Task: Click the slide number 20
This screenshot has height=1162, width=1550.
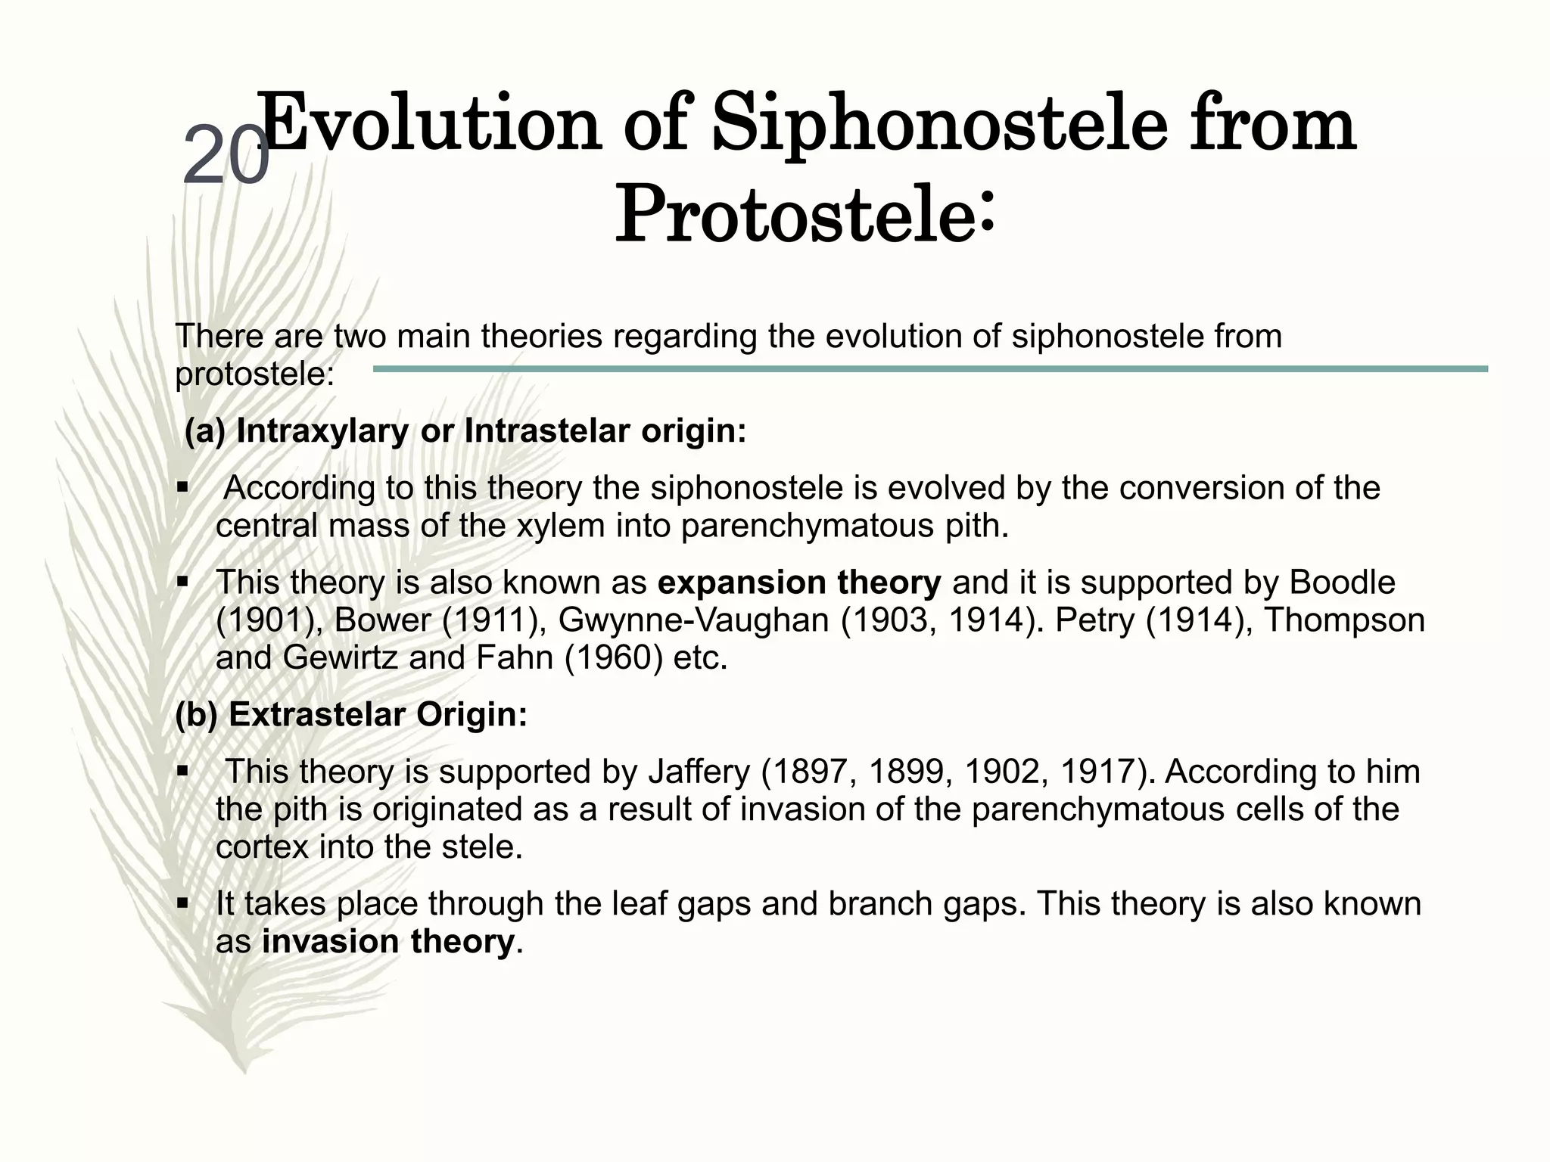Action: tap(226, 155)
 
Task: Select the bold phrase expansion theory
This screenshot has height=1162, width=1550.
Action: tap(799, 583)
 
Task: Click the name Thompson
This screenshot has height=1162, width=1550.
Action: tap(1345, 620)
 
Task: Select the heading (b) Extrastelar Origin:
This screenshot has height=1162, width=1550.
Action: tap(351, 715)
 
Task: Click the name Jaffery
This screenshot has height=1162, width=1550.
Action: tap(699, 772)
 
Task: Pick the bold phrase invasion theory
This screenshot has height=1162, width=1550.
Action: tap(387, 942)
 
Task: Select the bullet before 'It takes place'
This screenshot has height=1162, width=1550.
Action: tap(182, 903)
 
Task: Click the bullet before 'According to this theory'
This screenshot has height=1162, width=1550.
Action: tap(182, 488)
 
